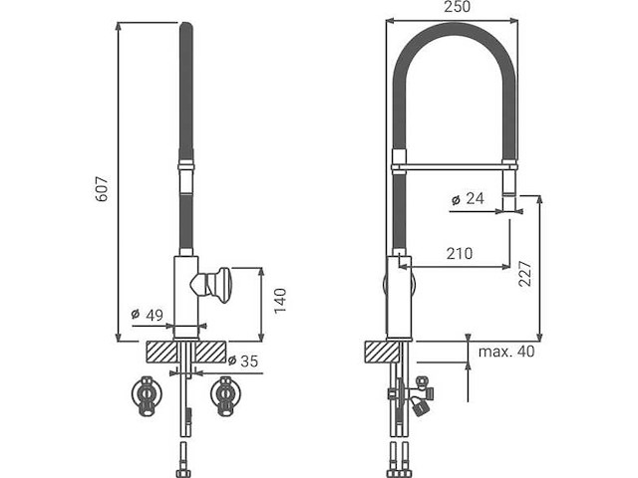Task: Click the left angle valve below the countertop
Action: [148, 395]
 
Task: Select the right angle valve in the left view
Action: [226, 395]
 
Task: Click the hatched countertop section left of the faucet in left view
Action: [159, 352]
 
